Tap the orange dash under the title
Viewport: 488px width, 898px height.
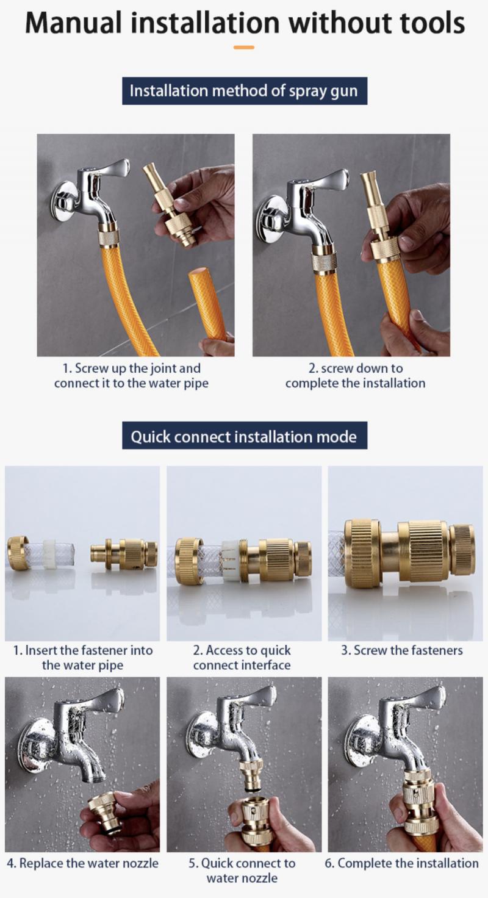coord(244,47)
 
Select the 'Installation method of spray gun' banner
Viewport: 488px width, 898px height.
coord(244,91)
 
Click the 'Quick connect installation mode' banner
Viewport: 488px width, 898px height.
coord(244,437)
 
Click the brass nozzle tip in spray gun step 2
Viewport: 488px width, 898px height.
coord(369,183)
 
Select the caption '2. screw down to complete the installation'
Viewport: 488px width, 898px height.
coord(355,376)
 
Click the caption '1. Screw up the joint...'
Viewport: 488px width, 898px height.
coord(135,376)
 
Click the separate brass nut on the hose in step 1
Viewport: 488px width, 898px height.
coord(18,553)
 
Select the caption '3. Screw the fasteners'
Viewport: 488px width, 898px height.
coord(401,650)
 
